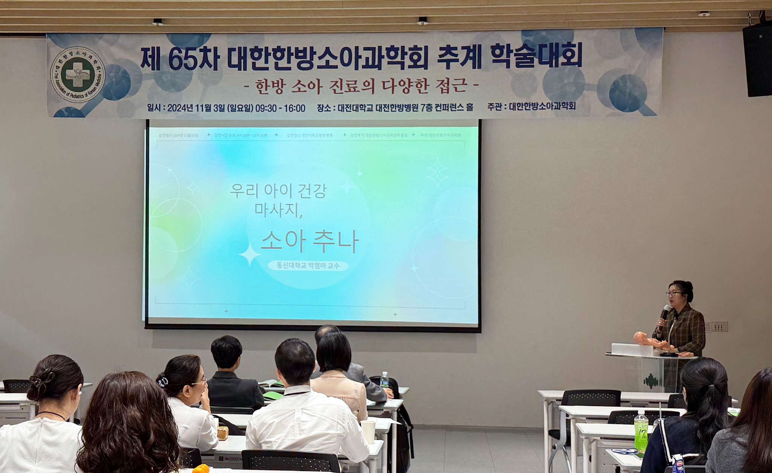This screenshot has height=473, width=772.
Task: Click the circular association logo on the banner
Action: (78, 75)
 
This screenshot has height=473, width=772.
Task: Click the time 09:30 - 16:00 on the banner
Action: (280, 108)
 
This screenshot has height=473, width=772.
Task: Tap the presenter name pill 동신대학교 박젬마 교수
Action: (308, 265)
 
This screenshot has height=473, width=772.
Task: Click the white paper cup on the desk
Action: (368, 431)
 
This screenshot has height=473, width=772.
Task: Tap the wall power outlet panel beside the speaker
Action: (719, 326)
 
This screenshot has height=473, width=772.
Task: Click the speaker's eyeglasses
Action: (674, 293)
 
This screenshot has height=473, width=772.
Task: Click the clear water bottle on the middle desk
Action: (384, 380)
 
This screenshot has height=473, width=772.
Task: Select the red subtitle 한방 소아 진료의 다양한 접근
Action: (361, 86)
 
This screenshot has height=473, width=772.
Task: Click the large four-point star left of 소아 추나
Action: (249, 255)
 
